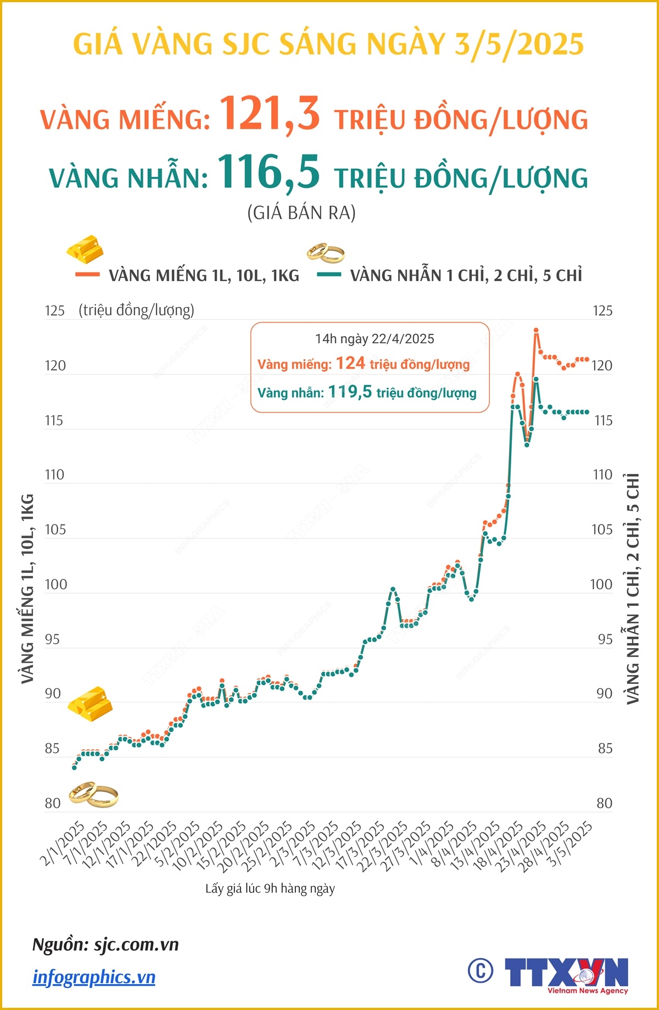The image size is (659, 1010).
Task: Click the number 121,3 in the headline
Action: pyautogui.click(x=270, y=114)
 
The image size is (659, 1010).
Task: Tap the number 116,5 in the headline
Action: pyautogui.click(x=269, y=172)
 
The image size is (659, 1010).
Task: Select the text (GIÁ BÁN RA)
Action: pyautogui.click(x=301, y=213)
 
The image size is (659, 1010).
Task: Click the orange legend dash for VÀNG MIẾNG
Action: pyautogui.click(x=87, y=274)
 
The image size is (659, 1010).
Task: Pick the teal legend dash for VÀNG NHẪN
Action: pyautogui.click(x=329, y=274)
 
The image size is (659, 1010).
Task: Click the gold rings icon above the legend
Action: pyautogui.click(x=325, y=253)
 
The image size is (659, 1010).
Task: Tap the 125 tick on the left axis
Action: pyautogui.click(x=54, y=311)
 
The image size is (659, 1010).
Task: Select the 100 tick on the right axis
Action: pyautogui.click(x=601, y=584)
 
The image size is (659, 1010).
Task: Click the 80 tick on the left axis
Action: pyautogui.click(x=53, y=803)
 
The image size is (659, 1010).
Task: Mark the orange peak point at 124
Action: pyautogui.click(x=536, y=331)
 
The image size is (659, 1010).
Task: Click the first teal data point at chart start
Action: pyautogui.click(x=74, y=767)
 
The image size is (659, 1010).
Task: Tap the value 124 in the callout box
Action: pyautogui.click(x=350, y=363)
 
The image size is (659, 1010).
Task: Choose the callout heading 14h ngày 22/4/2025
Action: pyautogui.click(x=375, y=339)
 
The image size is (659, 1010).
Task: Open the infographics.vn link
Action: pyautogui.click(x=94, y=977)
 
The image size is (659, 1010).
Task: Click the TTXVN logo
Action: pyautogui.click(x=566, y=974)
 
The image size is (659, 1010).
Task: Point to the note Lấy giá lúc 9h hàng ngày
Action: pyautogui.click(x=270, y=889)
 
